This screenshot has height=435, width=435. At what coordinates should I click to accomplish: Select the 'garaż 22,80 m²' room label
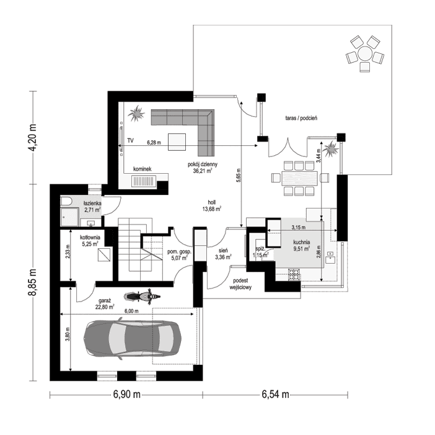coord(105,303)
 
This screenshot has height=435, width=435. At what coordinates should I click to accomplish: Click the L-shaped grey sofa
coord(186,124)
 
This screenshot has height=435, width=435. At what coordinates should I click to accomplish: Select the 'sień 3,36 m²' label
coord(223,252)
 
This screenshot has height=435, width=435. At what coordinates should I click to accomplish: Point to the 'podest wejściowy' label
coord(240,284)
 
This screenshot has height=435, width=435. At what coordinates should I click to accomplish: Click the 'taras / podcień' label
coord(301,117)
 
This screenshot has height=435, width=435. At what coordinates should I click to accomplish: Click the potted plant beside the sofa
coord(135,113)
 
